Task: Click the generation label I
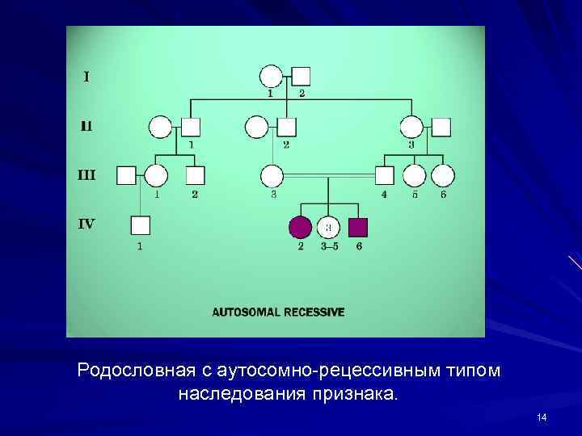(86, 78)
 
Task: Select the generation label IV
(86, 224)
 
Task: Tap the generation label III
(86, 174)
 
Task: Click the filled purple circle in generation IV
(300, 228)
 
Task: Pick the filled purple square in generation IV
(358, 228)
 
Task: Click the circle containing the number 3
(329, 228)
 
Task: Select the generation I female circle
(271, 77)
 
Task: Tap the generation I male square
(301, 77)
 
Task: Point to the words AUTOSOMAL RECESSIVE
(278, 311)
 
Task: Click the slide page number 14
(542, 417)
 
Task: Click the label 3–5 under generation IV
(329, 246)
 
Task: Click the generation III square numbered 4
(386, 175)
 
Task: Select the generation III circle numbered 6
(443, 175)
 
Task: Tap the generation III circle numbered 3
(272, 175)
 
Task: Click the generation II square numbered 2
(286, 127)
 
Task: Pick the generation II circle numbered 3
(411, 127)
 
